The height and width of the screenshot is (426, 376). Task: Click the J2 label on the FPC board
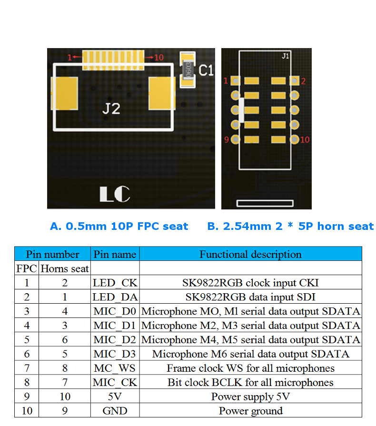[111, 109]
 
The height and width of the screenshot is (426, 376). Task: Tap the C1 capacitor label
[206, 71]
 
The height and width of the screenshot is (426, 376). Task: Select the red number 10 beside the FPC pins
[158, 58]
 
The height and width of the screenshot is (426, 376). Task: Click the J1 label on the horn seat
[285, 56]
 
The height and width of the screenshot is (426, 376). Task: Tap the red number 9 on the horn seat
[227, 139]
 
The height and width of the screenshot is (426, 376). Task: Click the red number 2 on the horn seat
[303, 81]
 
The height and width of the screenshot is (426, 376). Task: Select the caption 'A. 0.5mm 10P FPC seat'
[119, 227]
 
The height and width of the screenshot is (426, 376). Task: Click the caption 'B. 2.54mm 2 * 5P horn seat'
[290, 227]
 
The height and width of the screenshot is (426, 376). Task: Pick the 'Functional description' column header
[250, 254]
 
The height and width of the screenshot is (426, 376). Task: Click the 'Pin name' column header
[115, 254]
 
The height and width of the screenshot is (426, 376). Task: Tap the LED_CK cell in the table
[115, 283]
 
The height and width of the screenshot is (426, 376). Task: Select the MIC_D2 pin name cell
[115, 340]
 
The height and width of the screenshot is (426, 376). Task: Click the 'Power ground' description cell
[250, 411]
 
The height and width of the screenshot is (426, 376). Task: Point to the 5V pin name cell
[115, 396]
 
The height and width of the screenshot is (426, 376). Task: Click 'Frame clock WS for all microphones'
[250, 368]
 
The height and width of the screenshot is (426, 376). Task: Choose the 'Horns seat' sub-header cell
[65, 268]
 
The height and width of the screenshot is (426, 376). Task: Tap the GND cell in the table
[115, 411]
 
